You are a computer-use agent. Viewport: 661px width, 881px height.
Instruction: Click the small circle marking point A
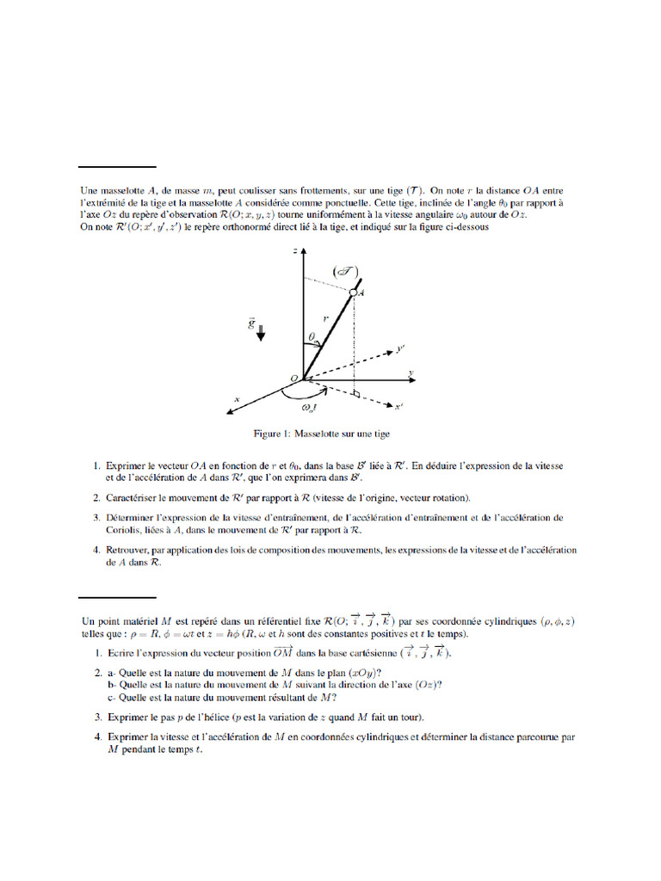click(x=353, y=293)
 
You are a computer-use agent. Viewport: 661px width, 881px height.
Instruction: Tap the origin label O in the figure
click(x=293, y=379)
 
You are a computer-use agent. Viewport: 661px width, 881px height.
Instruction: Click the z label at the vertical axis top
click(x=294, y=250)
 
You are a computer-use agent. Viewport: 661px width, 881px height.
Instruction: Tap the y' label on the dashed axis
click(x=400, y=349)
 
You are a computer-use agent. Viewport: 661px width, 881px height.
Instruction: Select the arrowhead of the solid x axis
click(x=231, y=410)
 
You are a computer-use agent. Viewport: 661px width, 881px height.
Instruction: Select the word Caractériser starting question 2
click(x=134, y=497)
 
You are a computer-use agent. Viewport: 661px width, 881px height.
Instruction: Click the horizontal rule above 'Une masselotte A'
click(x=118, y=166)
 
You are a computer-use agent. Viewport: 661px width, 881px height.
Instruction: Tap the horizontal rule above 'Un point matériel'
click(x=118, y=595)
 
